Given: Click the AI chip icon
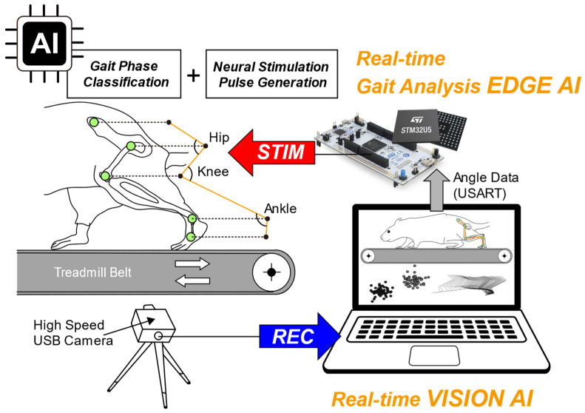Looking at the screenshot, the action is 44,44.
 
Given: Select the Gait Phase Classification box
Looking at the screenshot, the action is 124,74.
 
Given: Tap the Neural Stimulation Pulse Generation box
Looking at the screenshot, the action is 271,74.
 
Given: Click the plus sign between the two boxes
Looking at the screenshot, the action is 193,75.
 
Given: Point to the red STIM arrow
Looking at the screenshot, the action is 271,152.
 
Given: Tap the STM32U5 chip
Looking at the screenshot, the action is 416,127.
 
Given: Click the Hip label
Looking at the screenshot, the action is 219,138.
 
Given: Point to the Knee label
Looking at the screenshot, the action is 213,172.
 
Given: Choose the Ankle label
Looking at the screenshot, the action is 280,209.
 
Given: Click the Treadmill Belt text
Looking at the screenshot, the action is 92,272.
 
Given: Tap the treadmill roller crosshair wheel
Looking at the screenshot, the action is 271,272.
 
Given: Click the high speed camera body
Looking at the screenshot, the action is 153,324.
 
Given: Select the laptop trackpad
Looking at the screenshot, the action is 434,355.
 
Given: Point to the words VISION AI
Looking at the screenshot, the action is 480,398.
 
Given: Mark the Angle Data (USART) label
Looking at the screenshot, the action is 486,185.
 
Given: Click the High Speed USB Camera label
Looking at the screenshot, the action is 73,333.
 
